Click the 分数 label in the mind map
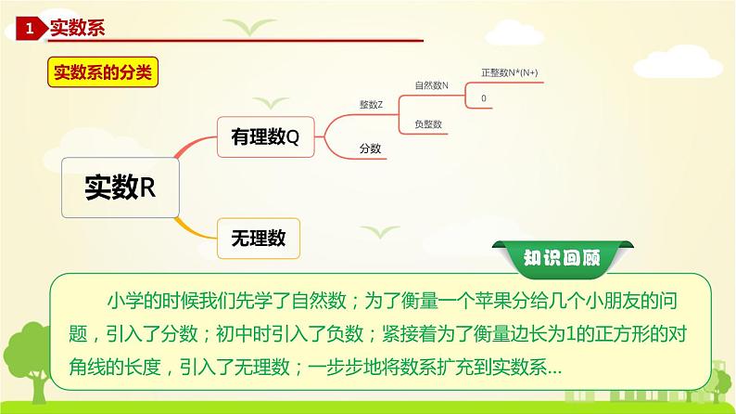pyautogui.click(x=371, y=147)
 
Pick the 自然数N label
pyautogui.click(x=431, y=85)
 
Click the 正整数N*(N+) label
pyautogui.click(x=510, y=71)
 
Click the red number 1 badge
pyautogui.click(x=31, y=30)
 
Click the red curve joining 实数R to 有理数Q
pyautogui.click(x=190, y=149)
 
